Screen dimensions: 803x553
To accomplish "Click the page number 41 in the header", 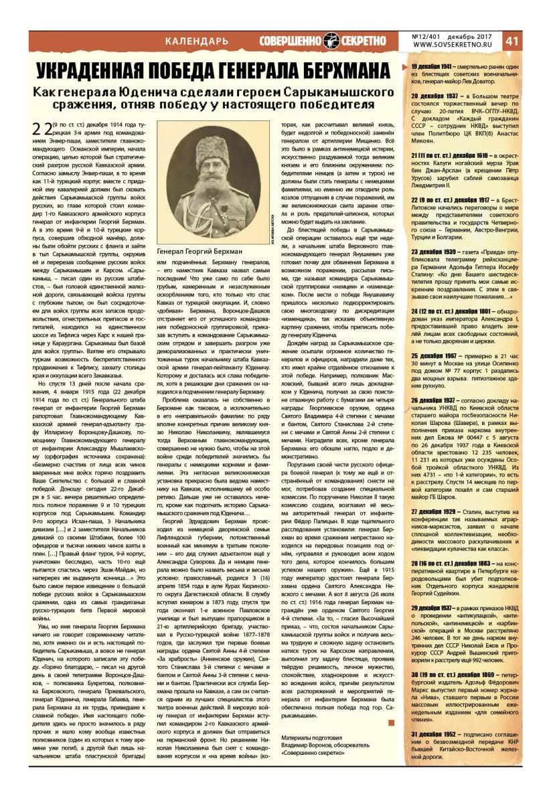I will tap(532, 41).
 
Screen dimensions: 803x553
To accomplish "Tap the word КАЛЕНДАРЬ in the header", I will tap(198, 42).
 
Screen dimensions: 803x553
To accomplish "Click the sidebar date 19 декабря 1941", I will tap(435, 67).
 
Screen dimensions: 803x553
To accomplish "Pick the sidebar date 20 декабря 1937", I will tap(435, 96).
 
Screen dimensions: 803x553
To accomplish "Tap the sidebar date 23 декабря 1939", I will tap(435, 252).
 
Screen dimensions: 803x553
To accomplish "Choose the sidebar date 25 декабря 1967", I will tap(435, 356).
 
